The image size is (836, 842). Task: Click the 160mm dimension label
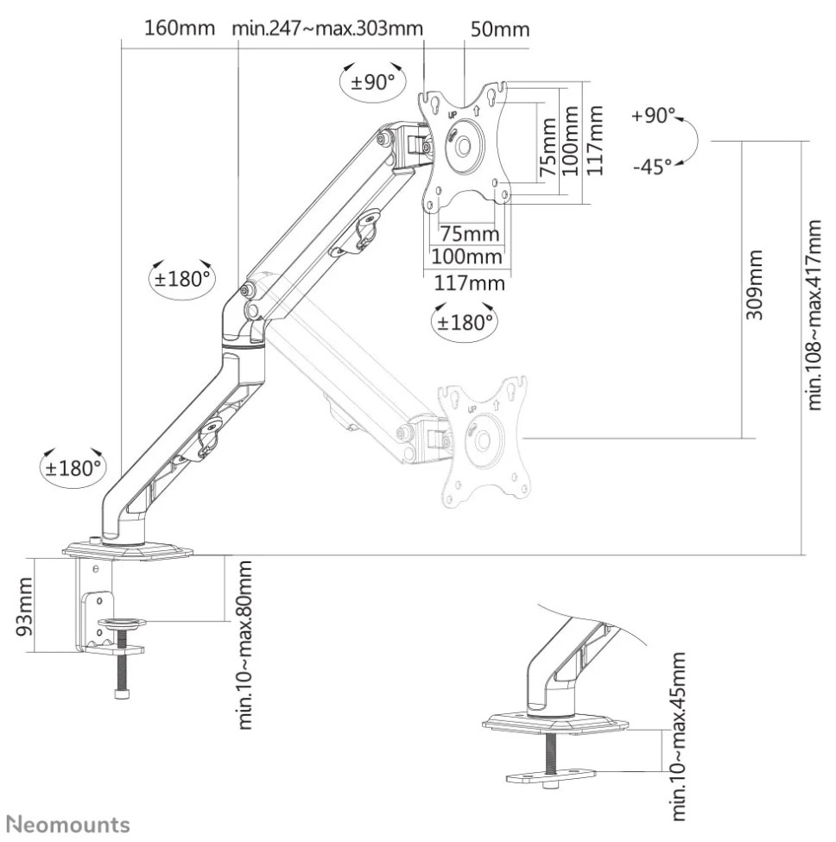pyautogui.click(x=180, y=28)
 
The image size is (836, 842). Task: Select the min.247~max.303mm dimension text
pyautogui.click(x=327, y=28)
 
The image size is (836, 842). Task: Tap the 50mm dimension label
pyautogui.click(x=500, y=28)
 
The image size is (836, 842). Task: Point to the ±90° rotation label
pyautogui.click(x=372, y=82)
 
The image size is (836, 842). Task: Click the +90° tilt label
pyautogui.click(x=653, y=115)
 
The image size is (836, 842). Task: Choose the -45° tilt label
pyautogui.click(x=652, y=166)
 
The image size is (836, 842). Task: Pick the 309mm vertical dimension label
pyautogui.click(x=754, y=284)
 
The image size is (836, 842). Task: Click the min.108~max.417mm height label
pyautogui.click(x=814, y=314)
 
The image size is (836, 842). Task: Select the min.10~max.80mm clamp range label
pyautogui.click(x=244, y=645)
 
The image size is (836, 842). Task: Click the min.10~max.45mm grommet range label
pyautogui.click(x=678, y=737)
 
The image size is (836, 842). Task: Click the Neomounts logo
pyautogui.click(x=71, y=824)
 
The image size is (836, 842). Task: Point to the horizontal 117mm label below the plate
pyautogui.click(x=469, y=282)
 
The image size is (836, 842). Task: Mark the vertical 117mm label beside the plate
pyautogui.click(x=594, y=140)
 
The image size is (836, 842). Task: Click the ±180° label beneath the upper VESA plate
pyautogui.click(x=465, y=322)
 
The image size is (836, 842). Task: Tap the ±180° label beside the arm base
pyautogui.click(x=73, y=468)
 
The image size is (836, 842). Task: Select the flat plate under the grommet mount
pyautogui.click(x=551, y=776)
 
